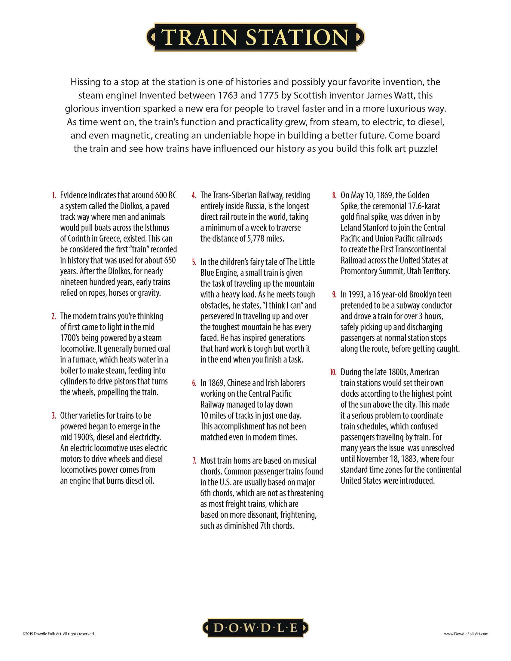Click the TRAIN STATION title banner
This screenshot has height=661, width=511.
point(255,37)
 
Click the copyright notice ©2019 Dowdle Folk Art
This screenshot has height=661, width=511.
point(58,633)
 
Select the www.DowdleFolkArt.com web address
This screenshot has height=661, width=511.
point(466,633)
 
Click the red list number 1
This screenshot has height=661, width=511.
point(54,196)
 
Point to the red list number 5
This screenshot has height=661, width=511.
point(194,262)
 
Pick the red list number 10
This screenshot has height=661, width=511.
point(333,372)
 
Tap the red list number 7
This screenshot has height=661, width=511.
point(194,461)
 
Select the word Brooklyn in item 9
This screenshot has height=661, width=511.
point(423,294)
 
